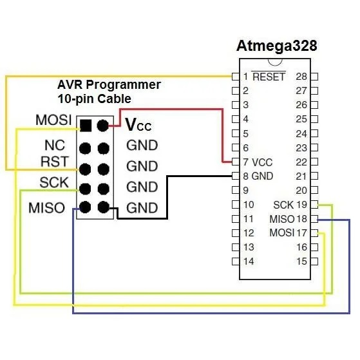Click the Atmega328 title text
tap(277, 46)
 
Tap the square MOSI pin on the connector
tap(86, 126)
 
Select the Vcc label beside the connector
tap(138, 125)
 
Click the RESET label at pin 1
tap(269, 76)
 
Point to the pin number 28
tap(301, 77)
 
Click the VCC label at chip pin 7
tap(262, 162)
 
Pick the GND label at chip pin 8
tap(262, 176)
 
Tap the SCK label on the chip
tap(283, 205)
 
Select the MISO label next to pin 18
tap(282, 219)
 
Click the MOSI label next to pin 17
tap(282, 232)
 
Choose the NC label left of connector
tap(55, 146)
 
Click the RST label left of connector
tap(55, 162)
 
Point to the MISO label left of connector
tap(47, 208)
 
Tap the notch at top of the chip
tap(275, 62)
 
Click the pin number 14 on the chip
tap(249, 261)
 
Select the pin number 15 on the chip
tap(301, 261)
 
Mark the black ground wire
tap(167, 198)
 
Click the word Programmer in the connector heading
tap(123, 85)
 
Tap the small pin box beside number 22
tap(314, 162)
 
